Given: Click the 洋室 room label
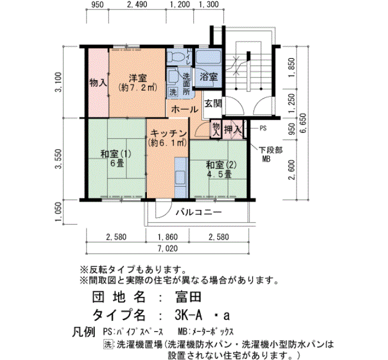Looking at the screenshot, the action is point(138,79).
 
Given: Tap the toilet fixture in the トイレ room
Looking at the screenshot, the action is point(176,58).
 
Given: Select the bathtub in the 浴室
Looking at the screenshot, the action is point(208,57).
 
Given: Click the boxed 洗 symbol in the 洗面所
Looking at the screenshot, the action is point(173,92).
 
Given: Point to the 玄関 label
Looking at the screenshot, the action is point(213,104).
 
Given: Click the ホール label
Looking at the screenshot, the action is point(185,110).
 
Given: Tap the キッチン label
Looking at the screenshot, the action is point(169,133).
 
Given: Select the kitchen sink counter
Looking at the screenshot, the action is point(181,178).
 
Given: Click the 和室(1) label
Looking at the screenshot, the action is point(115,154).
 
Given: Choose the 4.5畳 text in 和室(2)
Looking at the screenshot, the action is point(219,174).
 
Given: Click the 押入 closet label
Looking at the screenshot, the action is point(233,129).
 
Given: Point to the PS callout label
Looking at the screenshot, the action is point(263,128).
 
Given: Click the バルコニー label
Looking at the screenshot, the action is point(198,212).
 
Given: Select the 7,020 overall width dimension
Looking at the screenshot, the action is point(167,249).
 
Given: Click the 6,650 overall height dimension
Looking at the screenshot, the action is point(303,123).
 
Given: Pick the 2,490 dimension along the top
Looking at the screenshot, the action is point(137,4).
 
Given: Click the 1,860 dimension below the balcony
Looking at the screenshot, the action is point(167,237).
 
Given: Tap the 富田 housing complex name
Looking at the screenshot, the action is point(188,297).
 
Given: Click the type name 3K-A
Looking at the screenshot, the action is point(188,315).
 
